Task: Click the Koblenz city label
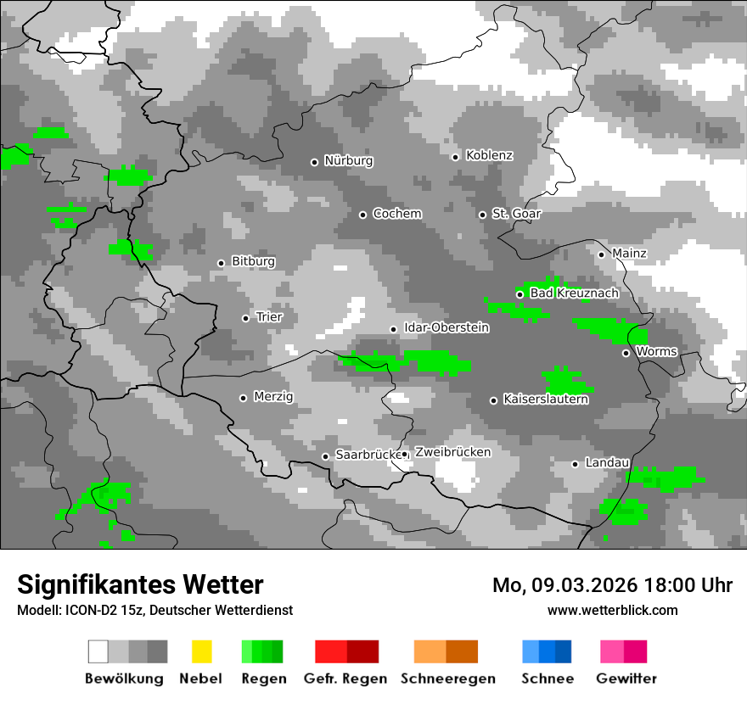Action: [489, 155]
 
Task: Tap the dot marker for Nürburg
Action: [314, 161]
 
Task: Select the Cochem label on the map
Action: [396, 214]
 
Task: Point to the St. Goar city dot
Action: [482, 215]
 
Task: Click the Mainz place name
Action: [629, 254]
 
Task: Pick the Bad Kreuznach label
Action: [574, 293]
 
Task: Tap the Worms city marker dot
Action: [626, 353]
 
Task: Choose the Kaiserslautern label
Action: [545, 399]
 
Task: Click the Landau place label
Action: [607, 463]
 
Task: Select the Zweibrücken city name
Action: [452, 452]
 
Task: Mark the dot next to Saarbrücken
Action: [325, 456]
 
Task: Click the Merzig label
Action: [273, 397]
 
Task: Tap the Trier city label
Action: [269, 317]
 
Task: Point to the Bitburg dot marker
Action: [221, 263]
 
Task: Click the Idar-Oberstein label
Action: [446, 327]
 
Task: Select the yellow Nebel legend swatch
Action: [201, 651]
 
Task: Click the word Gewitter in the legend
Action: [626, 679]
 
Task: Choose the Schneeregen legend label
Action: [447, 679]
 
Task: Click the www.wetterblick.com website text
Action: [612, 610]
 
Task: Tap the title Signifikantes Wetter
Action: [140, 584]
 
